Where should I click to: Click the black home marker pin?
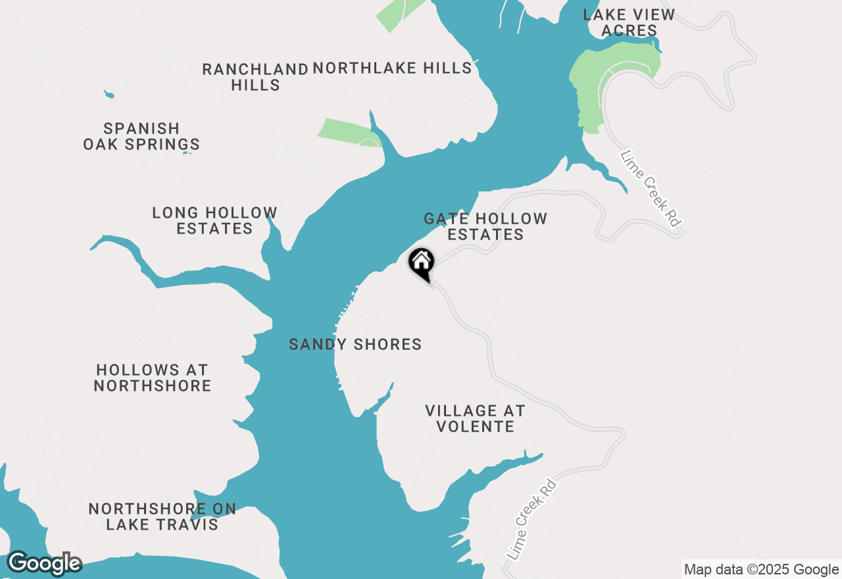pos(422,263)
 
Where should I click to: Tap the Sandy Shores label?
pos(355,344)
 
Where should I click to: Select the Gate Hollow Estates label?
pos(485,226)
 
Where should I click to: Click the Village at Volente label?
pos(475,418)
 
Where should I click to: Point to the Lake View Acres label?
pos(629,22)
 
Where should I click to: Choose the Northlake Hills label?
pos(392,68)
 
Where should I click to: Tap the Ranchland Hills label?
pos(255,77)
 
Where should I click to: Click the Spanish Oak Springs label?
pos(141,136)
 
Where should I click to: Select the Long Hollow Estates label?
pos(214,220)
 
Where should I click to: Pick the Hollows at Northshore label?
pos(152,378)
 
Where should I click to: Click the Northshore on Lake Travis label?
pos(162,516)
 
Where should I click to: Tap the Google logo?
pos(44,564)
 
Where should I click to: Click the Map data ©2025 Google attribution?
pos(761,570)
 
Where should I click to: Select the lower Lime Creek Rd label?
pos(532,520)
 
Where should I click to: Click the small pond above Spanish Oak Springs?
pos(109,95)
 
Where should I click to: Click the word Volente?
pos(475,426)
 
